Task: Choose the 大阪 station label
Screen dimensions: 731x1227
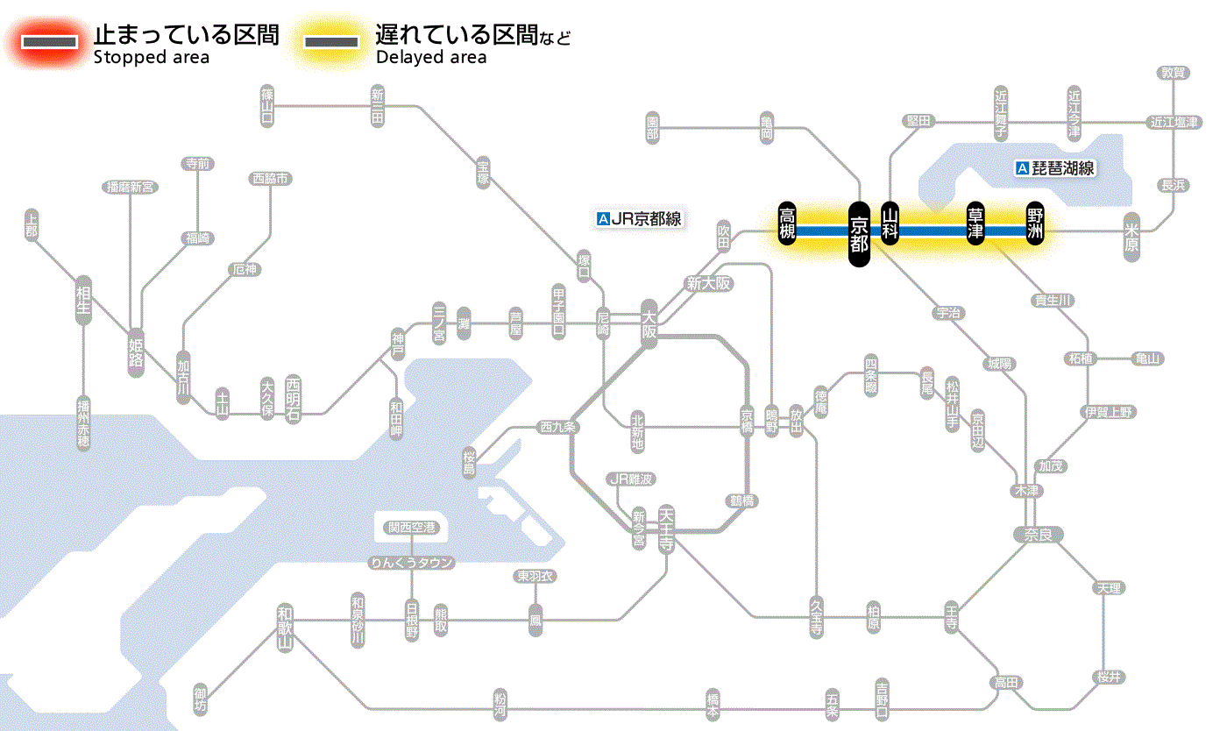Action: coord(649,323)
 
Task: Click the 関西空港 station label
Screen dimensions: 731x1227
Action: coord(412,528)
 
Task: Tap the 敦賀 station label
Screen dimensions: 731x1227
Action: coord(1173,73)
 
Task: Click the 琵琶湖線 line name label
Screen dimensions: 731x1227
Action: coord(1055,168)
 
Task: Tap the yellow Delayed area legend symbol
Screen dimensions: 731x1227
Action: coord(330,42)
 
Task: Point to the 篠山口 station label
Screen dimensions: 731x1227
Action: coord(268,104)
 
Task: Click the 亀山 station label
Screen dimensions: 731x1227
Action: coord(1148,358)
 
